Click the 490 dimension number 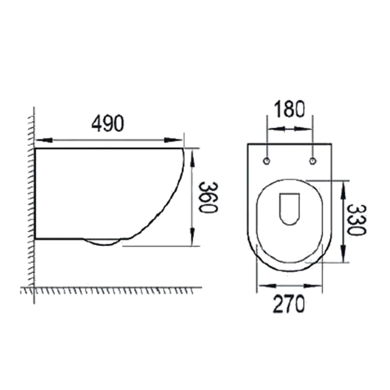point(107,124)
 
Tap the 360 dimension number point(209,197)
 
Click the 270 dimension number point(289,304)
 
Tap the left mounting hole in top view point(267,161)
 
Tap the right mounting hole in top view point(313,161)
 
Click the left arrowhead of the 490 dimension point(44,140)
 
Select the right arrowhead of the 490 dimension point(173,140)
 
